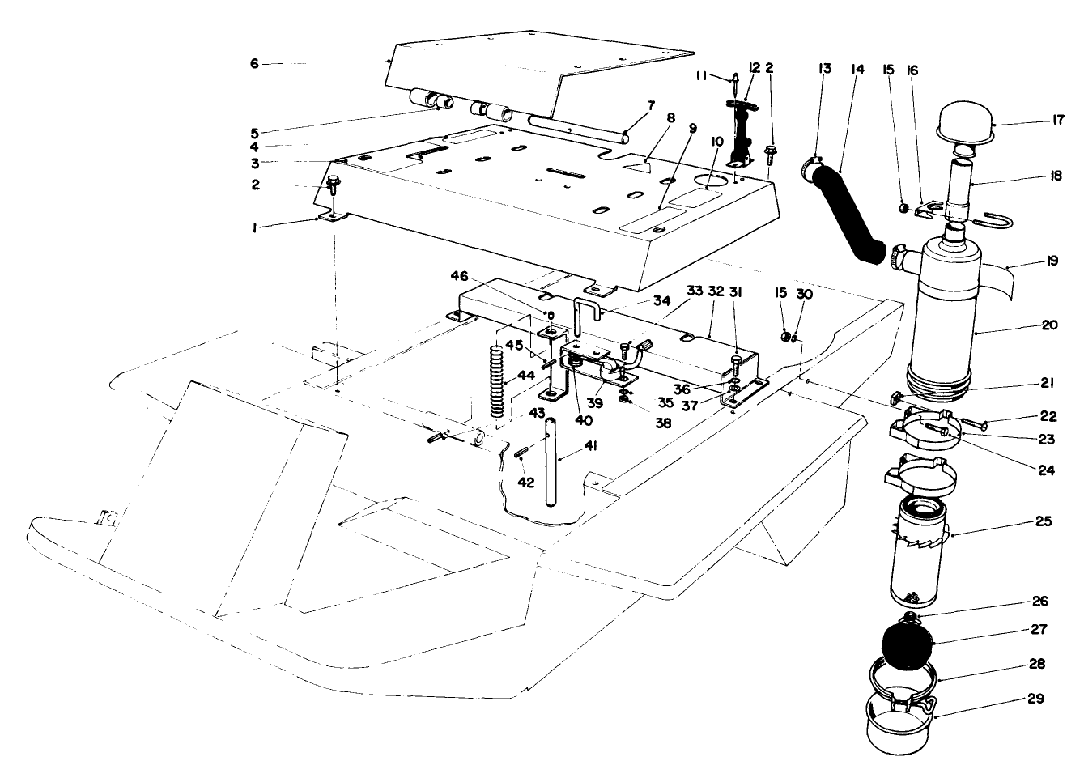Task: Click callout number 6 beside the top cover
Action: tap(254, 63)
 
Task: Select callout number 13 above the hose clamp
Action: tap(825, 70)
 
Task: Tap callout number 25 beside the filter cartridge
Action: tap(1043, 521)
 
